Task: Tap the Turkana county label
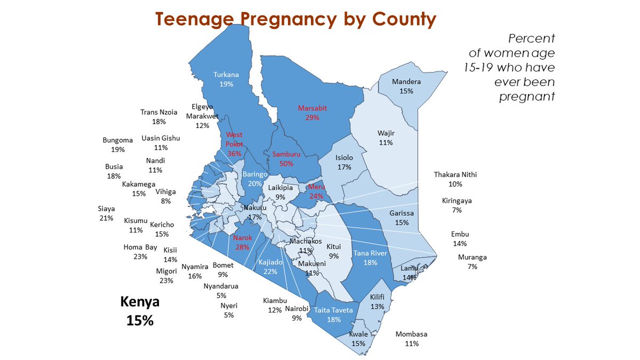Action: (x=226, y=75)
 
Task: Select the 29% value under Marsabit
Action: (x=312, y=117)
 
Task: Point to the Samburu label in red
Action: (x=286, y=154)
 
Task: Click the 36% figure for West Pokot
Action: (x=234, y=153)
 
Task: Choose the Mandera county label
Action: (x=406, y=82)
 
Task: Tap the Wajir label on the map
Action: (x=386, y=133)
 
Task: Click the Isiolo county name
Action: (x=344, y=158)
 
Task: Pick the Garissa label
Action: (x=402, y=213)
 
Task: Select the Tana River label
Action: (x=370, y=253)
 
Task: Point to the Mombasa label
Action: (x=411, y=334)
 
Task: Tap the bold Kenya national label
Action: (x=140, y=302)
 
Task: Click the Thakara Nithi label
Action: (x=455, y=174)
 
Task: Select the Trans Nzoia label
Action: (x=159, y=112)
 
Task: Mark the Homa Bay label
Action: (x=140, y=247)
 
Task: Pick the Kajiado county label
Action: (x=270, y=262)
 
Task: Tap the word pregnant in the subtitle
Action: (x=527, y=97)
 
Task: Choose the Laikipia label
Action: (x=281, y=188)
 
